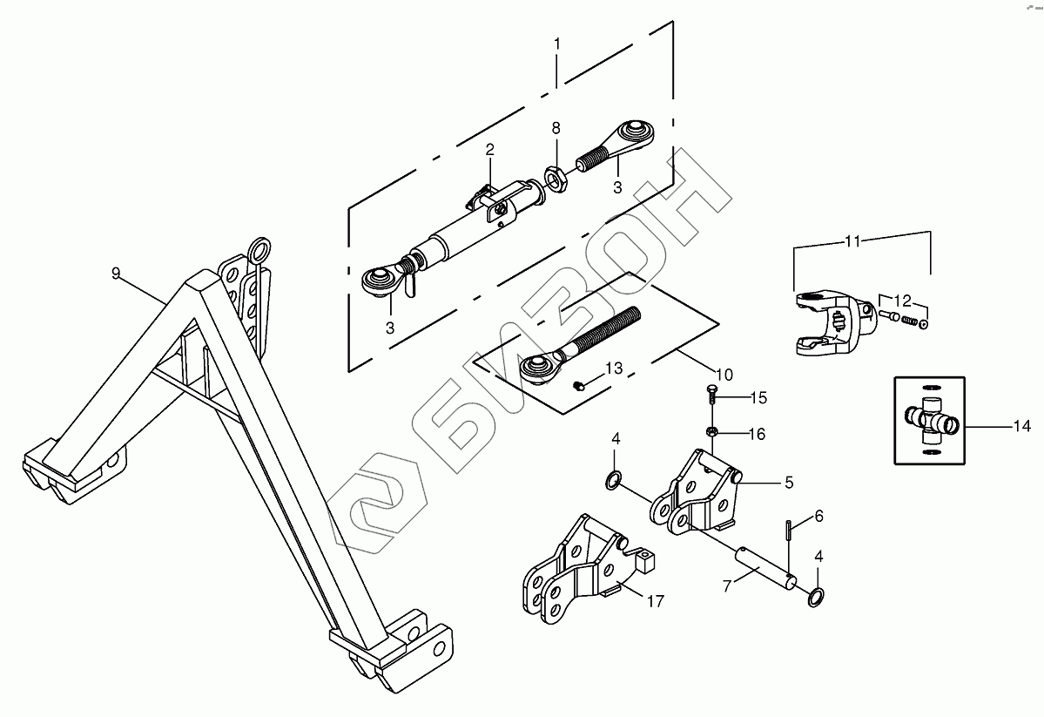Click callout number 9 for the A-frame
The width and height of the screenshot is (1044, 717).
[x=116, y=274]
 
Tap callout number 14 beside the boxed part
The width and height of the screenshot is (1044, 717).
[x=1021, y=427]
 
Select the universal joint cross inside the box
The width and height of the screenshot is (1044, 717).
[x=930, y=420]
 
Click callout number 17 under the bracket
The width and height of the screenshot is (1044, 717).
[x=655, y=599]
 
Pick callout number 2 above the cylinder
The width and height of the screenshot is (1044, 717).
[x=490, y=150]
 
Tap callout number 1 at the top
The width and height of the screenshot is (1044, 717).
[x=557, y=44]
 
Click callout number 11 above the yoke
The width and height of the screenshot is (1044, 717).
[x=853, y=240]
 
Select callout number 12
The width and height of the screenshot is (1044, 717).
[x=903, y=301]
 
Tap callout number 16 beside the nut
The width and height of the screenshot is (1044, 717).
[x=757, y=433]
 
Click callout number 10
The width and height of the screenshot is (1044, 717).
[x=724, y=375]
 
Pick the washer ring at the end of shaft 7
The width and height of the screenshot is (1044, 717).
[x=818, y=598]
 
